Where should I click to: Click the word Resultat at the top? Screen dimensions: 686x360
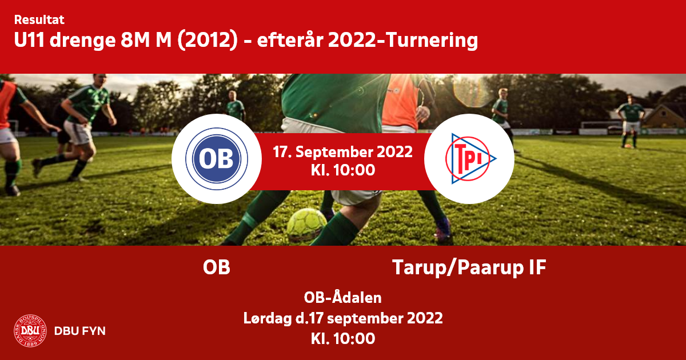point(39,20)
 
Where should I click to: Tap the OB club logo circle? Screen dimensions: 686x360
point(217,159)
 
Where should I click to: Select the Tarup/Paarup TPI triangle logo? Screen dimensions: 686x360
point(470,159)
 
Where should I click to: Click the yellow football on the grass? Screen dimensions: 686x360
point(307,225)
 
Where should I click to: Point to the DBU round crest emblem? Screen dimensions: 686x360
point(30,331)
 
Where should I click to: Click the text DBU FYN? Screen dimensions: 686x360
point(80,331)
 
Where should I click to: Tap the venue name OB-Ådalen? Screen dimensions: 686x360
point(342,297)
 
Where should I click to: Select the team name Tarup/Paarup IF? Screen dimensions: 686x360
point(469,268)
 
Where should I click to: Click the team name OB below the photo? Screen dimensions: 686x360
point(217,267)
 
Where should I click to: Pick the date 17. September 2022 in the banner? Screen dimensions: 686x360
point(342,152)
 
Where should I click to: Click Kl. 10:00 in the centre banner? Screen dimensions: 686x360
point(343,170)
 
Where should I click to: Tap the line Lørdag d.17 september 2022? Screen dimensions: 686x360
point(343,318)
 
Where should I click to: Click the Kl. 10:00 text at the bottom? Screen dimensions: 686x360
point(343,338)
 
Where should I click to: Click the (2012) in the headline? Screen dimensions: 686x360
point(208,41)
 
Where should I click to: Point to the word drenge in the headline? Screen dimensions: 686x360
point(82,41)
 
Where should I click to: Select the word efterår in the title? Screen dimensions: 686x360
point(290,40)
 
